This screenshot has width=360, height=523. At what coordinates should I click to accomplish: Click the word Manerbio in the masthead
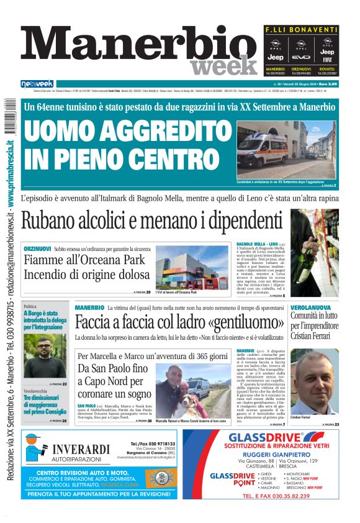click(x=133, y=47)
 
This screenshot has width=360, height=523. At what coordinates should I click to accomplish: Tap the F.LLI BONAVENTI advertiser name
click(x=301, y=29)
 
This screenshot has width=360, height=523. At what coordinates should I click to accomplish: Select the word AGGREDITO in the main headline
click(x=143, y=132)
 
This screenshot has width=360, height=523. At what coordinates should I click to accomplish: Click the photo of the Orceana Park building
click(x=192, y=267)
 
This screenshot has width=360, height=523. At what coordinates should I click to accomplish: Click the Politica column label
click(x=30, y=307)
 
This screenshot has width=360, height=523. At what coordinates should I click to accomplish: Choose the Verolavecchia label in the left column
click(x=37, y=391)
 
